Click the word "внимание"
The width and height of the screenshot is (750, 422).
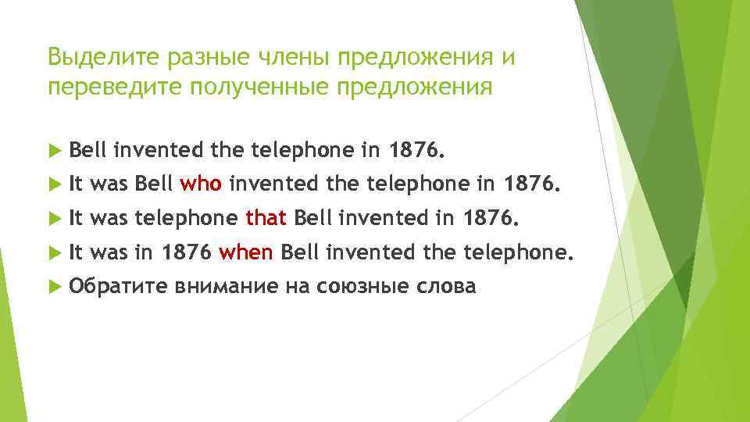tap(227, 287)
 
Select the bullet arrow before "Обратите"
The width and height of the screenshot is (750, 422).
tap(54, 287)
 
